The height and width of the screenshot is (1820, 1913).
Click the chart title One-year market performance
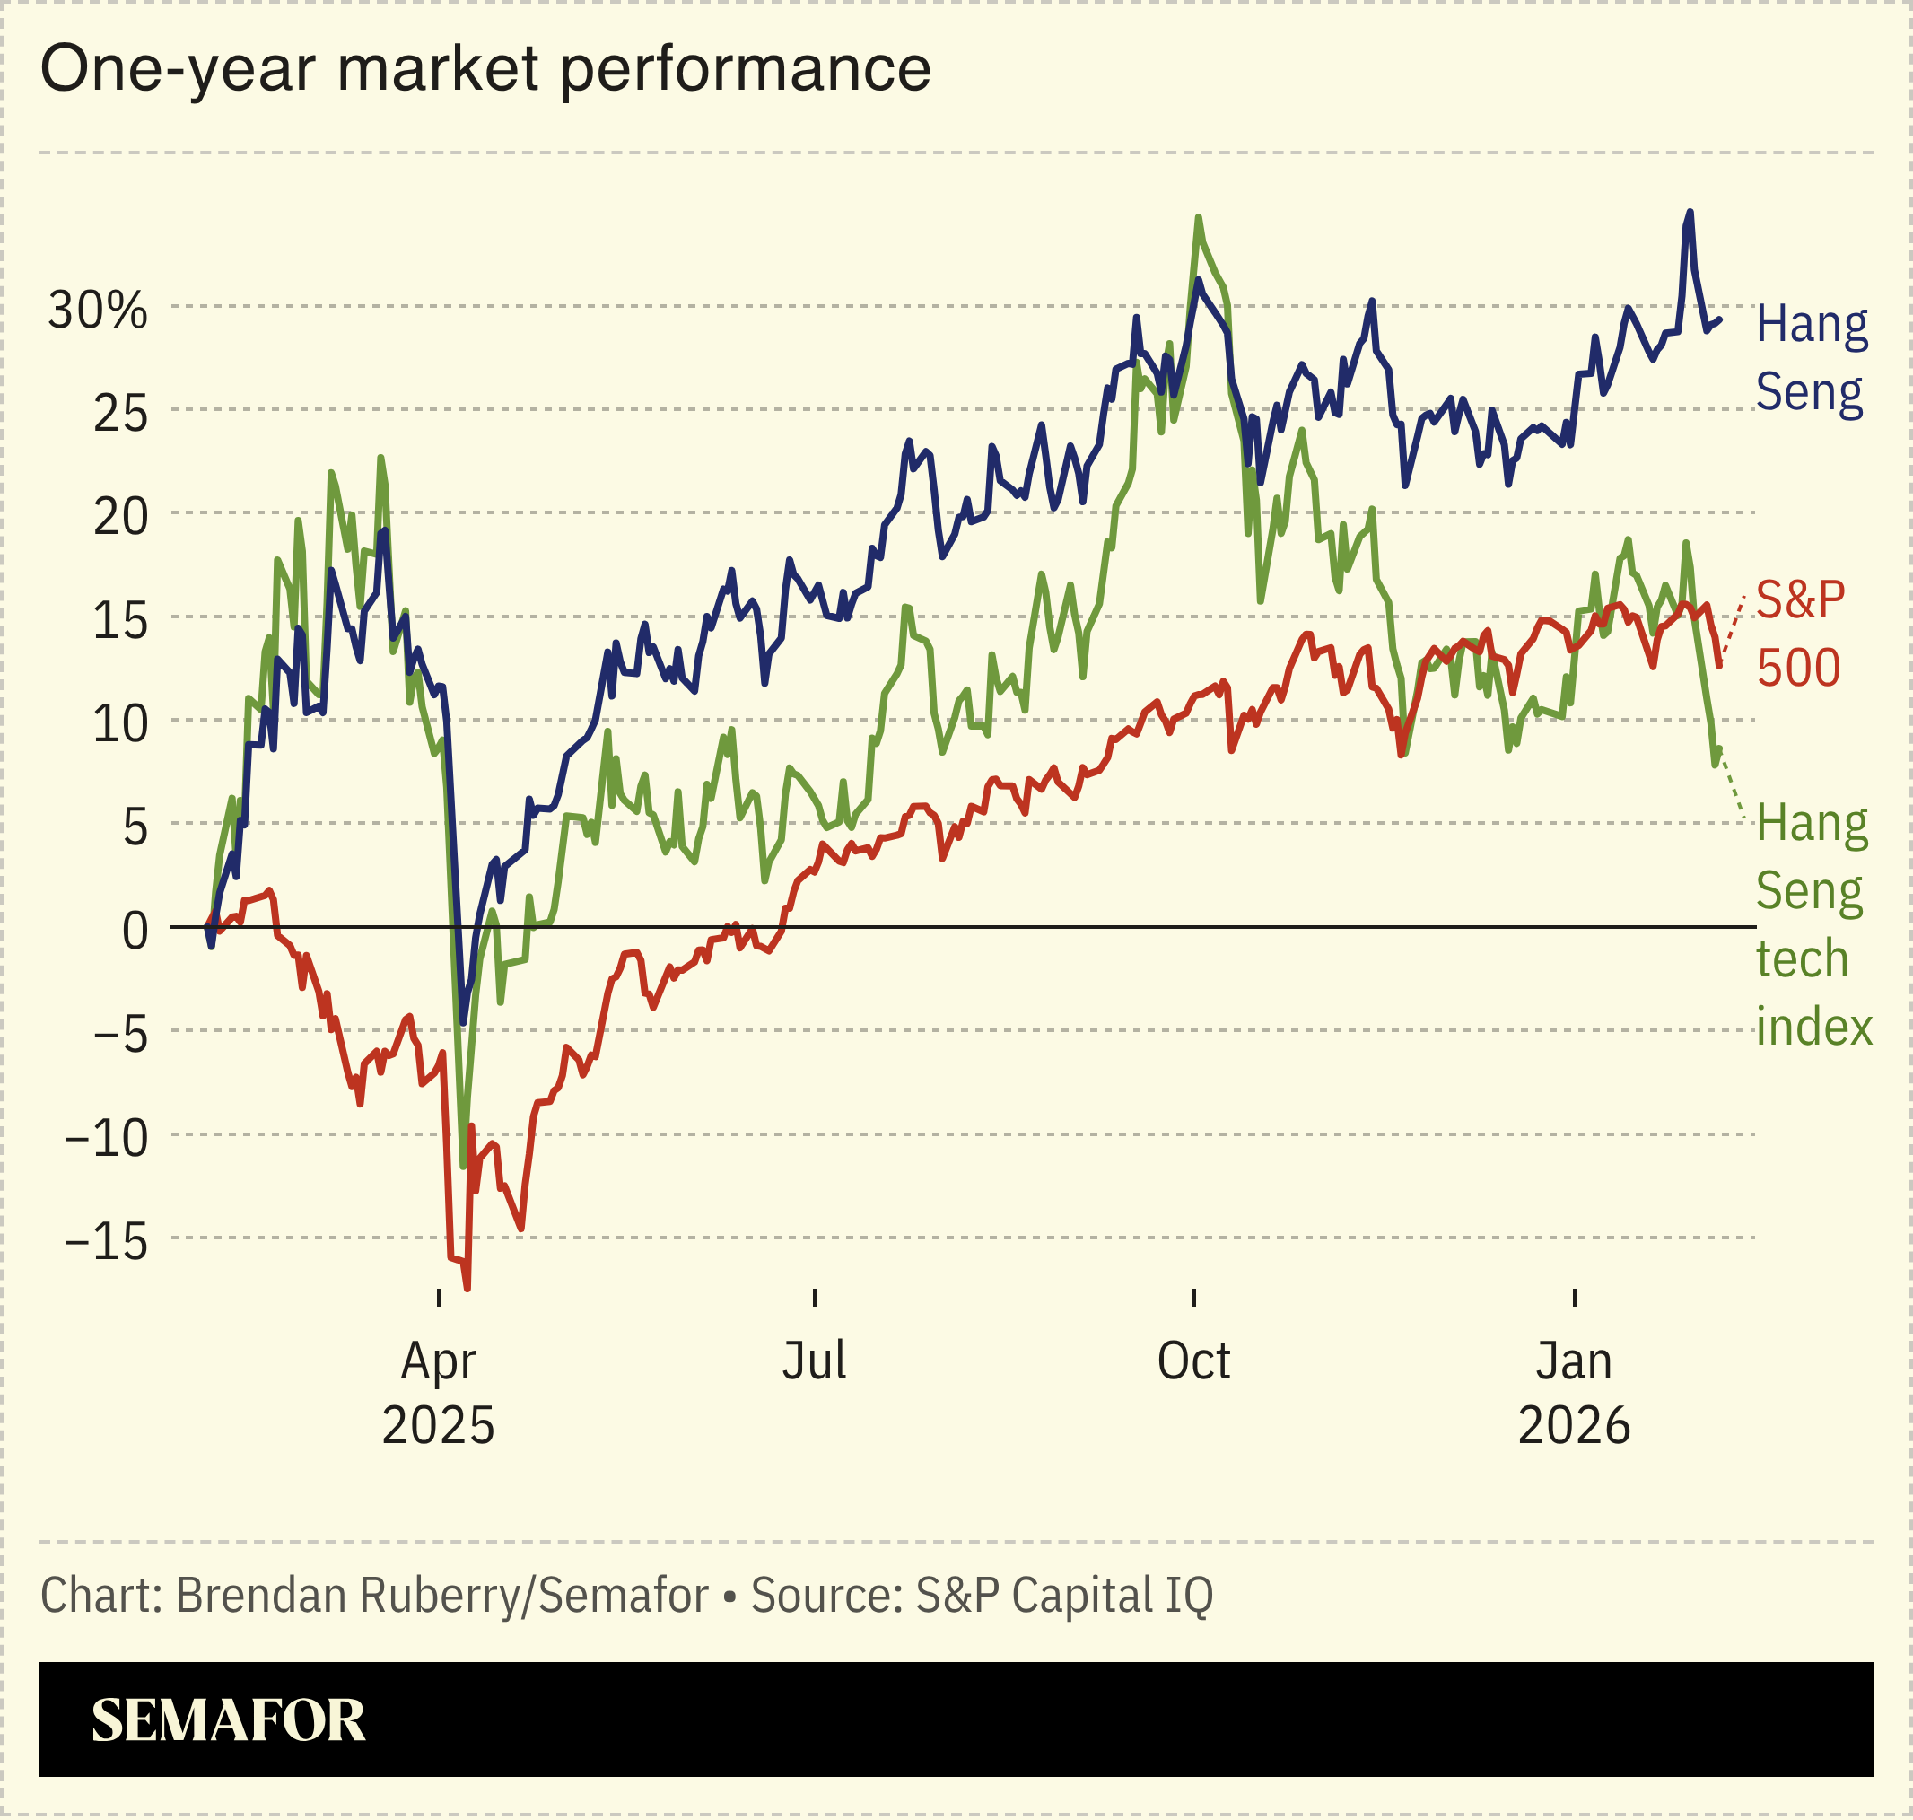point(485,70)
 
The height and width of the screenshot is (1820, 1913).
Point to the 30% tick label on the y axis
point(98,311)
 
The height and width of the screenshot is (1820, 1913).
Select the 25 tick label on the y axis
point(120,415)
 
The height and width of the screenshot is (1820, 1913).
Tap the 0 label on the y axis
point(135,932)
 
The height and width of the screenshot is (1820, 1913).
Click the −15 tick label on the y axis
point(107,1242)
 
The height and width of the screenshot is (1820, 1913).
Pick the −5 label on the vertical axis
point(120,1035)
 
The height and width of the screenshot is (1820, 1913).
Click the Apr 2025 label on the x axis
point(439,1393)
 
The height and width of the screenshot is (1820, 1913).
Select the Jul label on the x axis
point(814,1361)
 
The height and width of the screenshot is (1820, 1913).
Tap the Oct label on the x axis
point(1193,1361)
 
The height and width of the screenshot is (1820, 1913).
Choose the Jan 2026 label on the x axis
point(1574,1393)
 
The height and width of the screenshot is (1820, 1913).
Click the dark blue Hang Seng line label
point(1810,358)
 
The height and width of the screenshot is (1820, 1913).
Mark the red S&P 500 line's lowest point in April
point(467,1289)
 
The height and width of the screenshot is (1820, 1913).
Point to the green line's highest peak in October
point(1199,217)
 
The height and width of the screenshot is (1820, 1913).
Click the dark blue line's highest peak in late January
point(1690,212)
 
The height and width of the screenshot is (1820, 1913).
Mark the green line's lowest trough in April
point(463,1165)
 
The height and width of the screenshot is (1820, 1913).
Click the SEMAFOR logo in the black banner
point(228,1721)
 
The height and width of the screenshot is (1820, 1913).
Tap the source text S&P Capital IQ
point(1063,1596)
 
